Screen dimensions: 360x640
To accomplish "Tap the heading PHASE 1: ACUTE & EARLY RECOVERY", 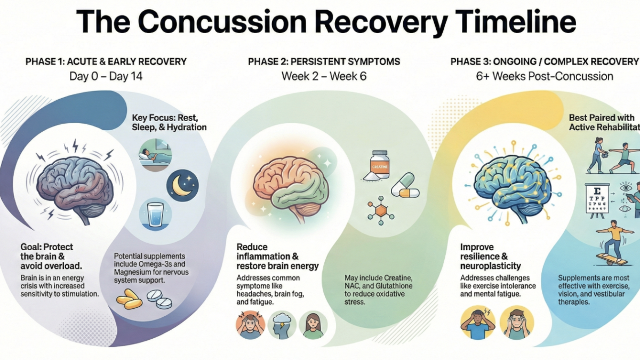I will pyautogui.click(x=106, y=62).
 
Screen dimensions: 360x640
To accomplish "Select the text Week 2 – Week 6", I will pyautogui.click(x=324, y=76).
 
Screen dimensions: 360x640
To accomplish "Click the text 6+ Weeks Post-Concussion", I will pyautogui.click(x=545, y=76).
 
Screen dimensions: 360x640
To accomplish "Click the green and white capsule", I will pyautogui.click(x=406, y=185).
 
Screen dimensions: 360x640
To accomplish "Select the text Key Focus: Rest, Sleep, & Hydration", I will pyautogui.click(x=169, y=122).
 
